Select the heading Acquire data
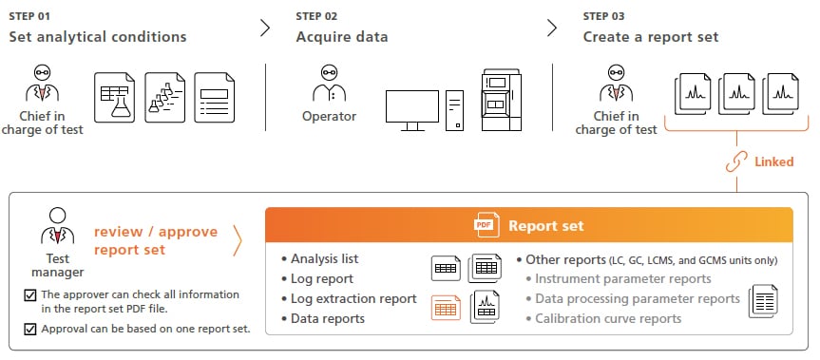pos(342,38)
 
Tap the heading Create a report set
pos(651,38)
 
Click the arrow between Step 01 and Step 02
pos(265,28)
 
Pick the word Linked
pos(773,161)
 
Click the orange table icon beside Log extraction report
pos(446,306)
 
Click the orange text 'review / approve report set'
pos(156,240)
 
